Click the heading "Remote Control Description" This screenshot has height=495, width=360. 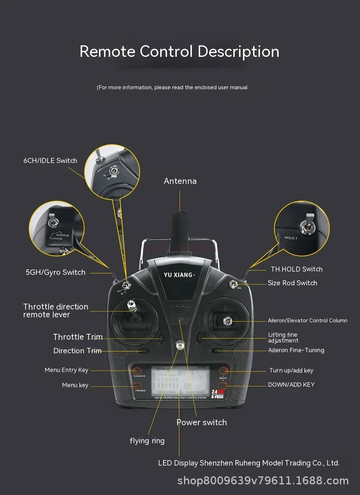coord(179,51)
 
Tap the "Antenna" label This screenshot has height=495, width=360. coord(180,181)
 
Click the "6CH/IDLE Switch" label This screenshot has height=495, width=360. coord(50,161)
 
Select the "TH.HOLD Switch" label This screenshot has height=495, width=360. coord(296,269)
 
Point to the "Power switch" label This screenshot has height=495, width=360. coord(202,422)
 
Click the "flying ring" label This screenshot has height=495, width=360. coord(147,441)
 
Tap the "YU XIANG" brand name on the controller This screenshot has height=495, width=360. coord(179,275)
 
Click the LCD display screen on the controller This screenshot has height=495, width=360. coord(180,381)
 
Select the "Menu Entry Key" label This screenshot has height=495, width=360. coord(66,370)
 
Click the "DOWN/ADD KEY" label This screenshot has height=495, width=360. coord(291,385)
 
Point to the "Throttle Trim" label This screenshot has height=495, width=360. coord(77,337)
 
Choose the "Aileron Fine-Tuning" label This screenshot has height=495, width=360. coord(296,350)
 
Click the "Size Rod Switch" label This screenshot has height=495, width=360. coord(292,283)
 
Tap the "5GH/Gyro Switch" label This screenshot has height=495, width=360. coord(55,272)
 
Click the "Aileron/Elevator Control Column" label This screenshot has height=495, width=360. coord(307,321)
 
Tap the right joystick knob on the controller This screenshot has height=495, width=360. coord(227,321)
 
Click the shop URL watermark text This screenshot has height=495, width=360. coord(263,481)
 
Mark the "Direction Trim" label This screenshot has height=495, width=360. coord(77,351)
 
